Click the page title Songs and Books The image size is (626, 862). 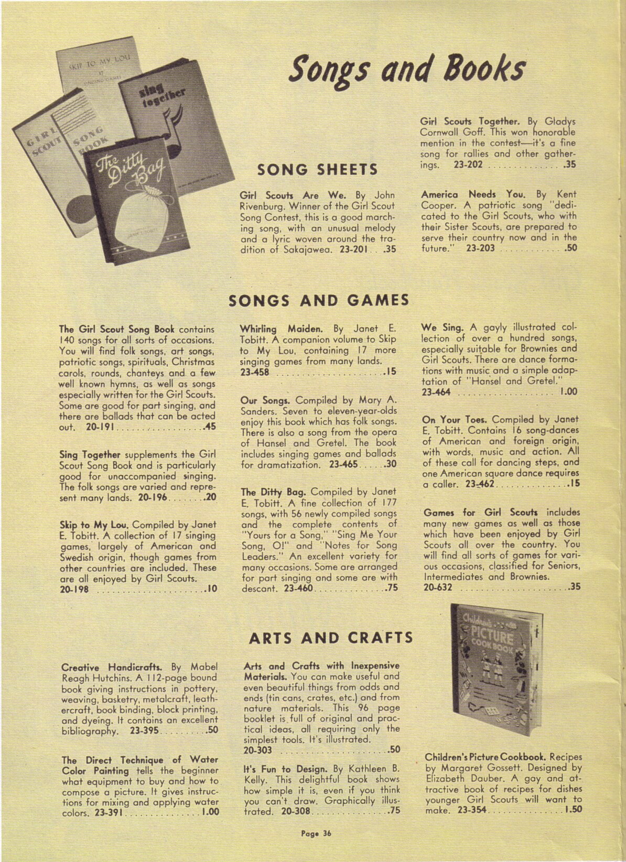[x=408, y=70]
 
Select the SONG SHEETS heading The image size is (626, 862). [x=318, y=169]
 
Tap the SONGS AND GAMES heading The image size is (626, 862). [x=319, y=300]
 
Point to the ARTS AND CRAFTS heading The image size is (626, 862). [x=331, y=638]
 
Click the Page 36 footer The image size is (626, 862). [x=316, y=832]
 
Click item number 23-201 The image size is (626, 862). [x=357, y=250]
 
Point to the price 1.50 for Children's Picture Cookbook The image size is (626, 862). [x=573, y=810]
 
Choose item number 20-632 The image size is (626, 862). [x=438, y=587]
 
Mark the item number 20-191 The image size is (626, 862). [x=87, y=427]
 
